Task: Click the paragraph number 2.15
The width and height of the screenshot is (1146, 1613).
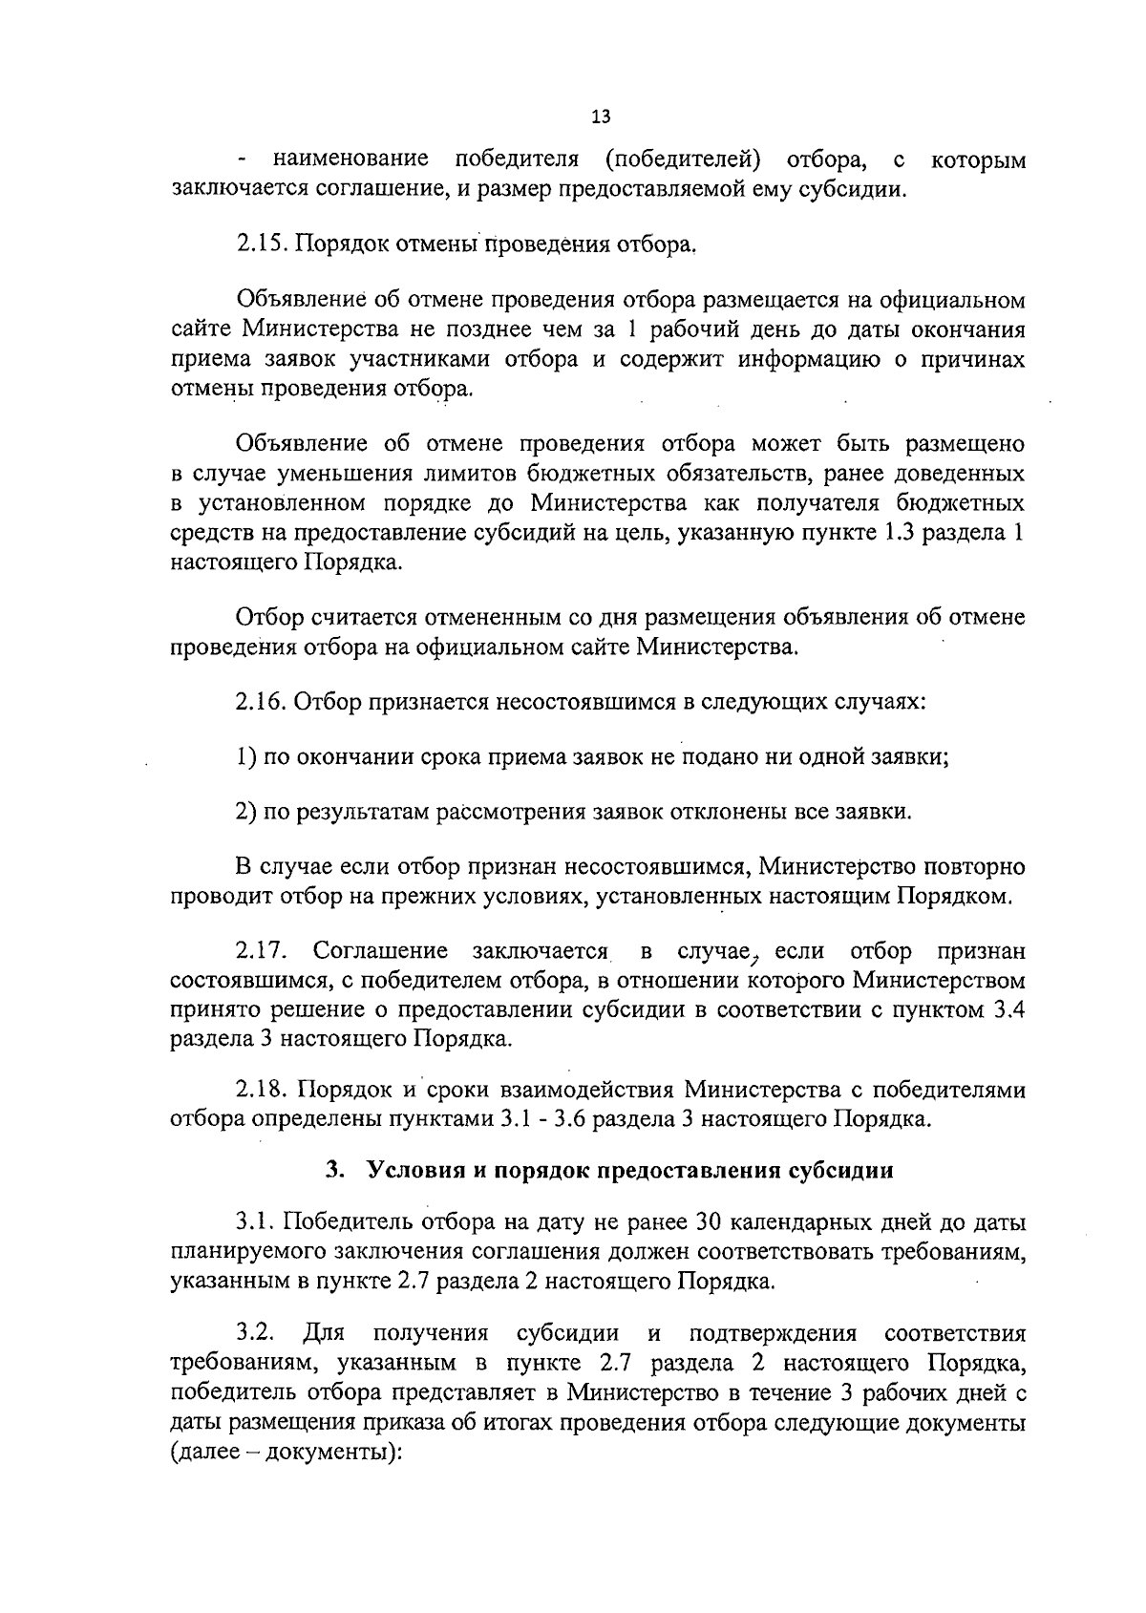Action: pyautogui.click(x=261, y=244)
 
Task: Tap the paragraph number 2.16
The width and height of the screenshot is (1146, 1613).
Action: pyautogui.click(x=261, y=703)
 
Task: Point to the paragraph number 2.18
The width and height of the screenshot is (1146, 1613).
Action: pyautogui.click(x=261, y=1090)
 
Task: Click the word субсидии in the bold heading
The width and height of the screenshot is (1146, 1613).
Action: pyautogui.click(x=848, y=1171)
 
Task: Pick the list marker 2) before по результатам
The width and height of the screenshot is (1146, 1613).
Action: pyautogui.click(x=245, y=813)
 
